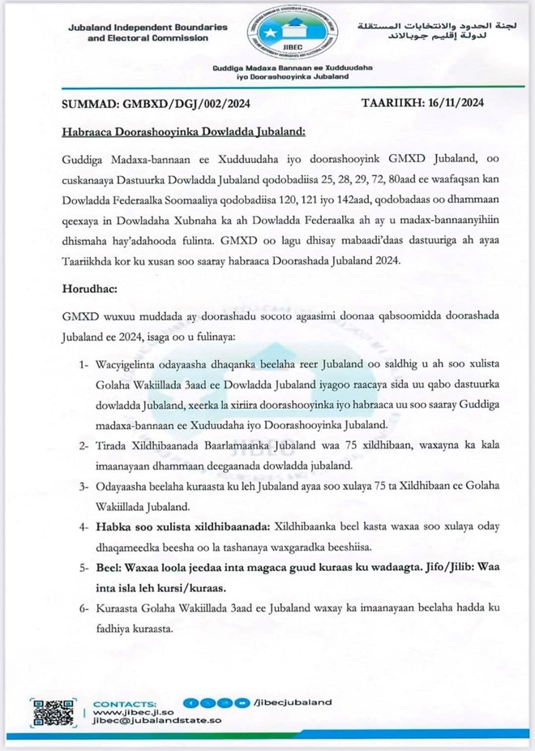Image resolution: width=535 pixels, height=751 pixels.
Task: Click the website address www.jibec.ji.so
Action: [x=122, y=711]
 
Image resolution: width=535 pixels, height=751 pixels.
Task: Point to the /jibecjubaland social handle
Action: [x=293, y=703]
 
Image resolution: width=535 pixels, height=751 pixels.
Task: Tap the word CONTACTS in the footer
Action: [x=125, y=702]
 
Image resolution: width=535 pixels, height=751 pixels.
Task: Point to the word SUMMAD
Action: [x=90, y=104]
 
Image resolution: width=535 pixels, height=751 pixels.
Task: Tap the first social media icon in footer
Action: [x=188, y=703]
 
